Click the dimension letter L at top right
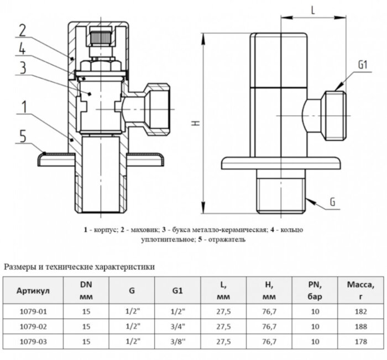coord(312,10)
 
